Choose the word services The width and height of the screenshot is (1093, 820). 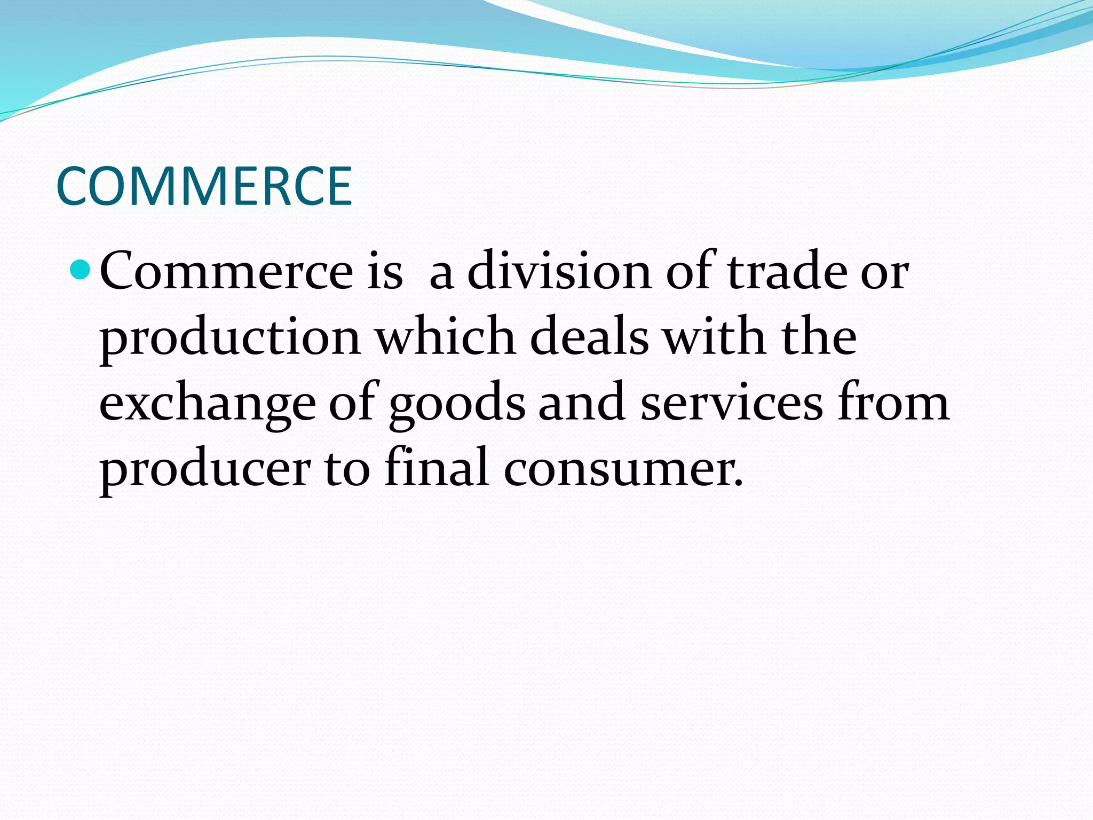point(732,403)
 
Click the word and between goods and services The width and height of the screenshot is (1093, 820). point(582,403)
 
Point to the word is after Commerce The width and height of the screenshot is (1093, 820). point(384,271)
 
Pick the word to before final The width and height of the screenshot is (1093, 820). point(347,469)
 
